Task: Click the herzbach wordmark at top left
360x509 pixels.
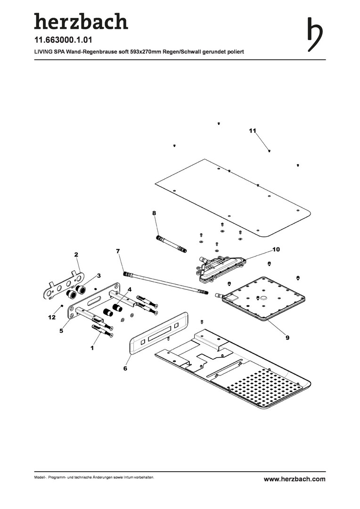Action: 81,21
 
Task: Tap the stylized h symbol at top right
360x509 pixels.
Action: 315,34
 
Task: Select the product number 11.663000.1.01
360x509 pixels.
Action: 63,40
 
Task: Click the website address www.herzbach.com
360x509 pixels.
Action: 295,479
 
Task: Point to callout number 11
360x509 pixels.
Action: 253,131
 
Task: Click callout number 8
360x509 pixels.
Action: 154,213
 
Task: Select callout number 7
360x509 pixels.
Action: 118,251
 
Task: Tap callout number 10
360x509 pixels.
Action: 276,249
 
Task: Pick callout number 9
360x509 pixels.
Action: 287,337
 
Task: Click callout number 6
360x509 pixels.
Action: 125,369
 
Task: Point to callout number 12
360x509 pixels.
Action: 52,318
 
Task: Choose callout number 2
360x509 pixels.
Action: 76,255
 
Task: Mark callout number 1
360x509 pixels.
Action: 92,348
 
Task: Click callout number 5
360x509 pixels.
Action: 61,331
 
